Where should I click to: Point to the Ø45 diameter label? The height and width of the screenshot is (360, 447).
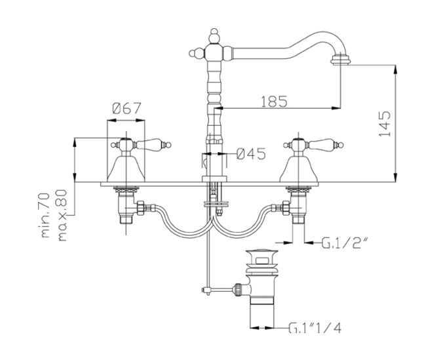(x=250, y=154)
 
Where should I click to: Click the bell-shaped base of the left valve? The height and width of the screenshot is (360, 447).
(x=126, y=169)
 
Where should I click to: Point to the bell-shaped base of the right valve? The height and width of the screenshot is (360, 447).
(x=300, y=169)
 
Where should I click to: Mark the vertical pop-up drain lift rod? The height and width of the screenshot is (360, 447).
(x=208, y=249)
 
